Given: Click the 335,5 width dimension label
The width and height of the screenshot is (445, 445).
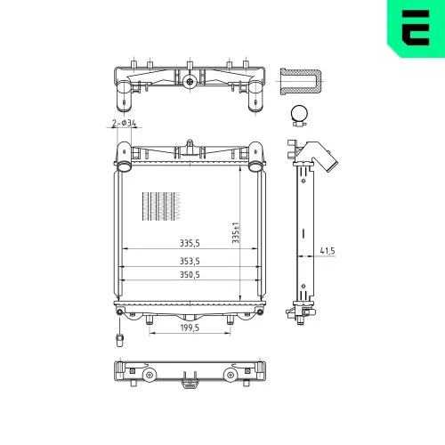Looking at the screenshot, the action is tap(190, 243).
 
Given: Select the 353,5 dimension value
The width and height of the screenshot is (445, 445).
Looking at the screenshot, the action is tap(190, 262).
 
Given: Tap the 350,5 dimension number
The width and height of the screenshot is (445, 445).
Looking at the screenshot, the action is tap(190, 275).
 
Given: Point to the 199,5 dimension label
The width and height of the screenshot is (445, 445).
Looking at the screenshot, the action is tap(190, 328).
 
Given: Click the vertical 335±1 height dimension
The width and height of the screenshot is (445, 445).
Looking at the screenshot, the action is tap(236, 233).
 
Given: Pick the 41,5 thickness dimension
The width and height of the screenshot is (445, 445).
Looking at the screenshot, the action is tap(328, 251).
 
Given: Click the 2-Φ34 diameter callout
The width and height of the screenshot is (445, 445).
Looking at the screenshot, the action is tap(124, 123).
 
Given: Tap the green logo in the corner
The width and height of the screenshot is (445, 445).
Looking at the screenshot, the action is tap(416, 28).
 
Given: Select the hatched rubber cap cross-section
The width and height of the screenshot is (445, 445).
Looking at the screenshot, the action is tap(301, 82).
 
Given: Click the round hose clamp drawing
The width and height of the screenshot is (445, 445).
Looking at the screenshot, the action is tap(299, 116).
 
